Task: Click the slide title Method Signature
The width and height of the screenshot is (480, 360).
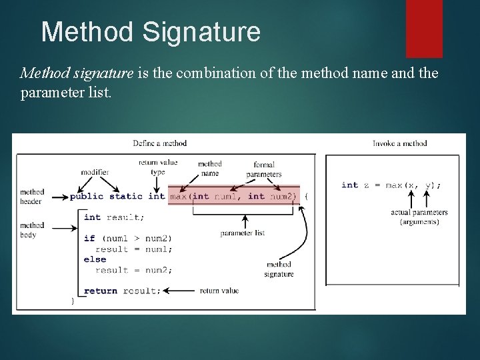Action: [151, 32]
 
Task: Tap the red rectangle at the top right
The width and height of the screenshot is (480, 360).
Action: [424, 28]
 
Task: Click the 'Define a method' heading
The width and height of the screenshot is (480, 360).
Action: [160, 143]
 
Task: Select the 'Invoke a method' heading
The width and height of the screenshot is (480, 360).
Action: [399, 143]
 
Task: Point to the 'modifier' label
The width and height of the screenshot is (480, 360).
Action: [95, 172]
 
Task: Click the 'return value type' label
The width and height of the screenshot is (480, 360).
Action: [158, 167]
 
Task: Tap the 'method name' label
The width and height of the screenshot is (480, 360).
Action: [210, 169]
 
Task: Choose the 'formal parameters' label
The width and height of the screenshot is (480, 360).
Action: [264, 169]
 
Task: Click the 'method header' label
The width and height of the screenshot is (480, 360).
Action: [31, 197]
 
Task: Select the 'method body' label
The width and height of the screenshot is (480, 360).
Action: [31, 230]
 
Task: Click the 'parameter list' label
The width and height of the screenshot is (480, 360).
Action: [243, 233]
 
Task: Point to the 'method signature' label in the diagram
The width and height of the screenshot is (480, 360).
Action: [279, 269]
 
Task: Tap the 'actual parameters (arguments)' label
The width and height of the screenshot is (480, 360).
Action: [419, 217]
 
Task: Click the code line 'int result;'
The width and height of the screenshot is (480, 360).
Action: [114, 217]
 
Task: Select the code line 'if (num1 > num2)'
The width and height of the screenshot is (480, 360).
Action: [127, 238]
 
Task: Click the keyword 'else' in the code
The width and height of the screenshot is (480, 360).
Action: [95, 259]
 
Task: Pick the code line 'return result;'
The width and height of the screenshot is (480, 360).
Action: [123, 291]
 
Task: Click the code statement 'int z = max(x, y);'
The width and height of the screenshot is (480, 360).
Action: [391, 185]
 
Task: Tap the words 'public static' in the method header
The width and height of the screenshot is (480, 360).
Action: [106, 196]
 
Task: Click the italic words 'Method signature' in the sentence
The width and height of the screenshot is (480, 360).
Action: [77, 73]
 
